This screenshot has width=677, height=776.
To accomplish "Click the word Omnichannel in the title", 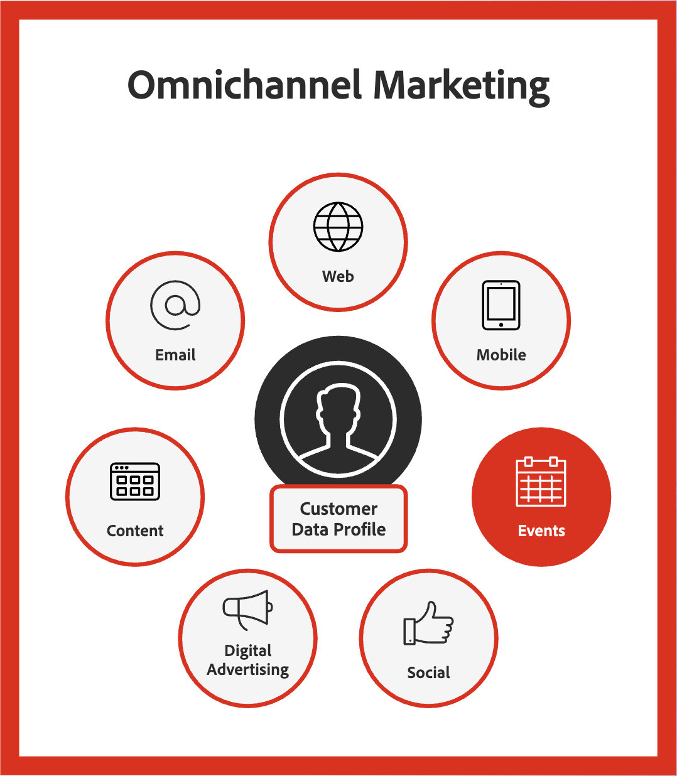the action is (244, 85).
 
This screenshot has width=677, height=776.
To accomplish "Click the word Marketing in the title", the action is (462, 87).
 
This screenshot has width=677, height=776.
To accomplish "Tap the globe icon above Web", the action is (338, 227).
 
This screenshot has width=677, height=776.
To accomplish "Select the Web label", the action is (338, 276).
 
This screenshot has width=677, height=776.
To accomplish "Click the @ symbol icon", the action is (175, 305).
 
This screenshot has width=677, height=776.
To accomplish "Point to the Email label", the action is (175, 355).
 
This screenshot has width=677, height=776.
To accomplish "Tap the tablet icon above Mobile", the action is (501, 305).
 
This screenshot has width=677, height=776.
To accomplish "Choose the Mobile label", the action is (501, 355).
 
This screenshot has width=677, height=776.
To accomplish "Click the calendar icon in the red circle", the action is (541, 482).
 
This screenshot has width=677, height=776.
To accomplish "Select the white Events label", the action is (541, 531).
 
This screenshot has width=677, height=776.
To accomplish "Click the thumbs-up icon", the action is (428, 623).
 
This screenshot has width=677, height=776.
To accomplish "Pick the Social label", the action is (428, 672).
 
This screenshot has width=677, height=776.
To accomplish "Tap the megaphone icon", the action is (247, 610).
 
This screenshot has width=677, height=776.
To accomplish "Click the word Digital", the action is (247, 651).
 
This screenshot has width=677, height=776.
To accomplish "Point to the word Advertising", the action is (247, 669).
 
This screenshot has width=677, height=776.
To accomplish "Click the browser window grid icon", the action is (135, 482).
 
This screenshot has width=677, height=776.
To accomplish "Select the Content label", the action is (135, 531).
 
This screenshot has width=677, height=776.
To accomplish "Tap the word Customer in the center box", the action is (338, 509).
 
